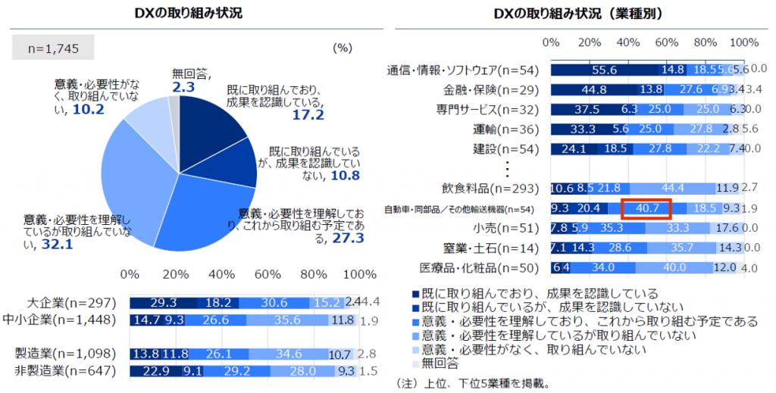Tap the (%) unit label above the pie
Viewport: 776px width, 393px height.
click(342, 48)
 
